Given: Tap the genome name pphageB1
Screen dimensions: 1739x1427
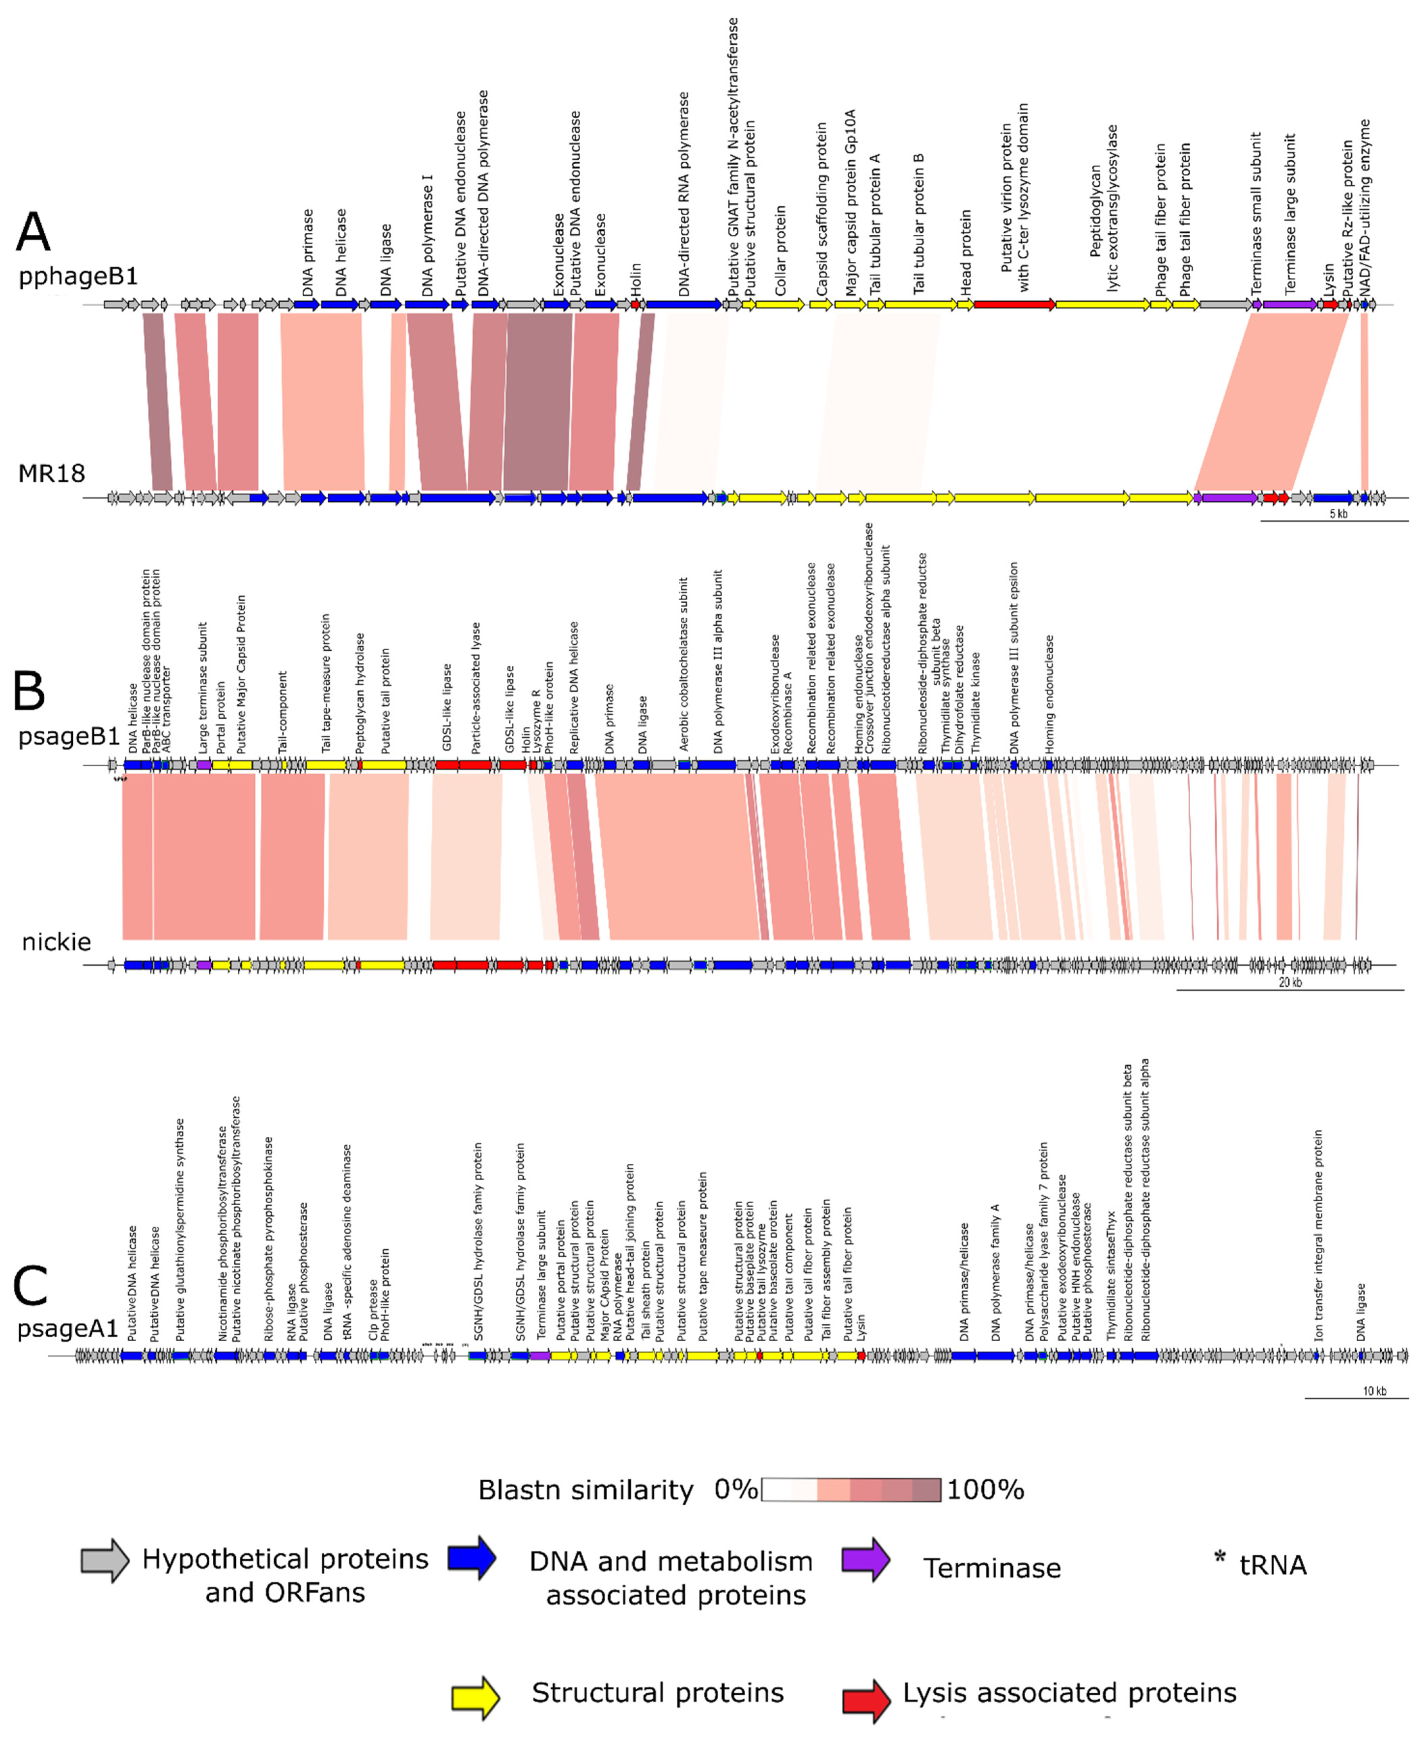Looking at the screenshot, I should (x=78, y=276).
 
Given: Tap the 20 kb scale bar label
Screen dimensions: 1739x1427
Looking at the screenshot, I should (x=1290, y=982).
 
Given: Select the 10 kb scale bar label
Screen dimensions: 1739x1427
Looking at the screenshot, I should (x=1374, y=1391).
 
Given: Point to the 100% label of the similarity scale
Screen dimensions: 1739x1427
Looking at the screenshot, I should (x=985, y=1490).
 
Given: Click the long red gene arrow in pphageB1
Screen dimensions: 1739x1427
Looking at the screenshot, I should (x=1014, y=304).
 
